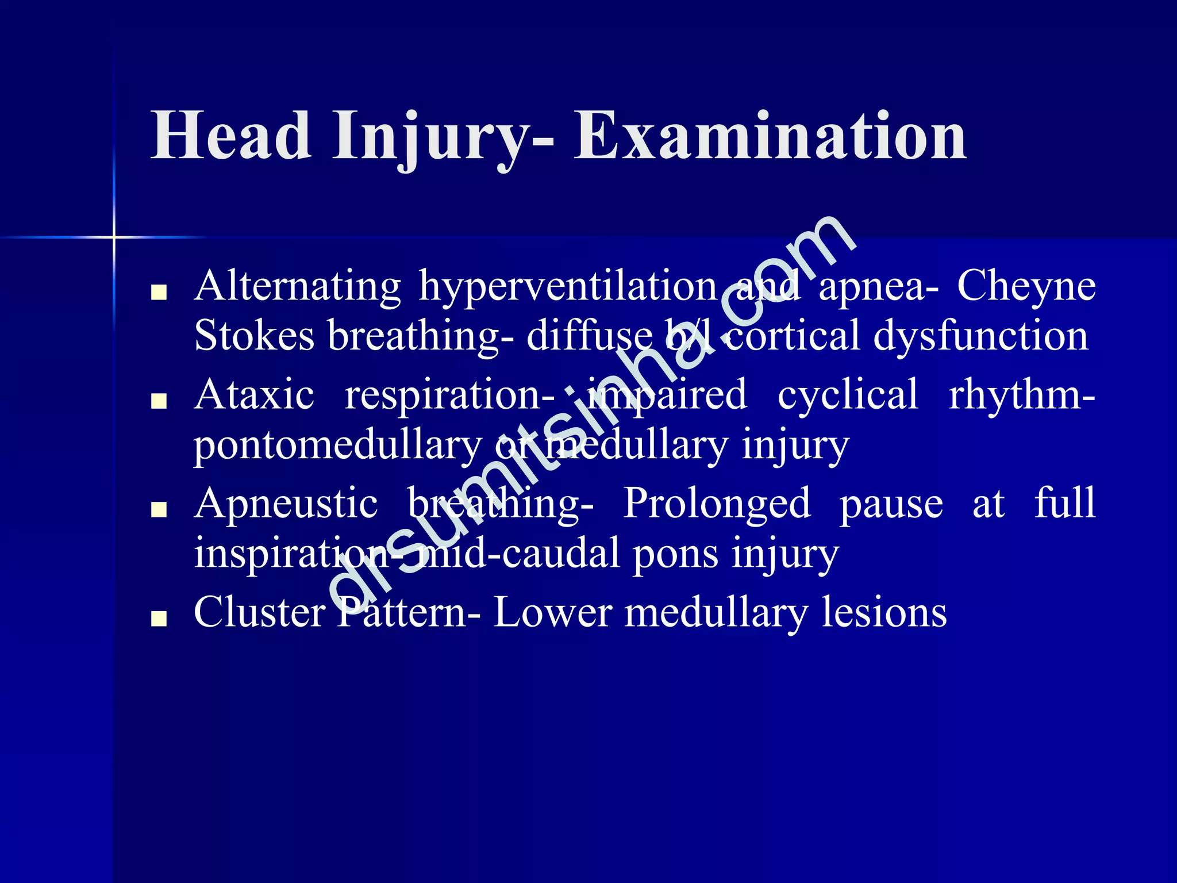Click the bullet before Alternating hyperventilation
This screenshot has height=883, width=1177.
[x=158, y=293]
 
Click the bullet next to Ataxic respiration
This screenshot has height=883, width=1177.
[x=158, y=401]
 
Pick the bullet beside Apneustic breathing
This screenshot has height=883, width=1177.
[x=158, y=510]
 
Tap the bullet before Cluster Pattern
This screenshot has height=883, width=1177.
[x=158, y=619]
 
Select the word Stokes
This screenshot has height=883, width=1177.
[x=254, y=336]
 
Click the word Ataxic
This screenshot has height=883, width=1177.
[x=254, y=395]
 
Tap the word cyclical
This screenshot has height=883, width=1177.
[x=848, y=395]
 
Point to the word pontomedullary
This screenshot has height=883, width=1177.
[x=337, y=446]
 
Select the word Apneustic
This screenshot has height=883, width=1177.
[x=286, y=504]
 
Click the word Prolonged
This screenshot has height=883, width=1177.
[x=717, y=504]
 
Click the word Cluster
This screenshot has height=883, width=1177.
[x=259, y=612]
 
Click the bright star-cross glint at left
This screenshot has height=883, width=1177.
[x=114, y=237]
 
